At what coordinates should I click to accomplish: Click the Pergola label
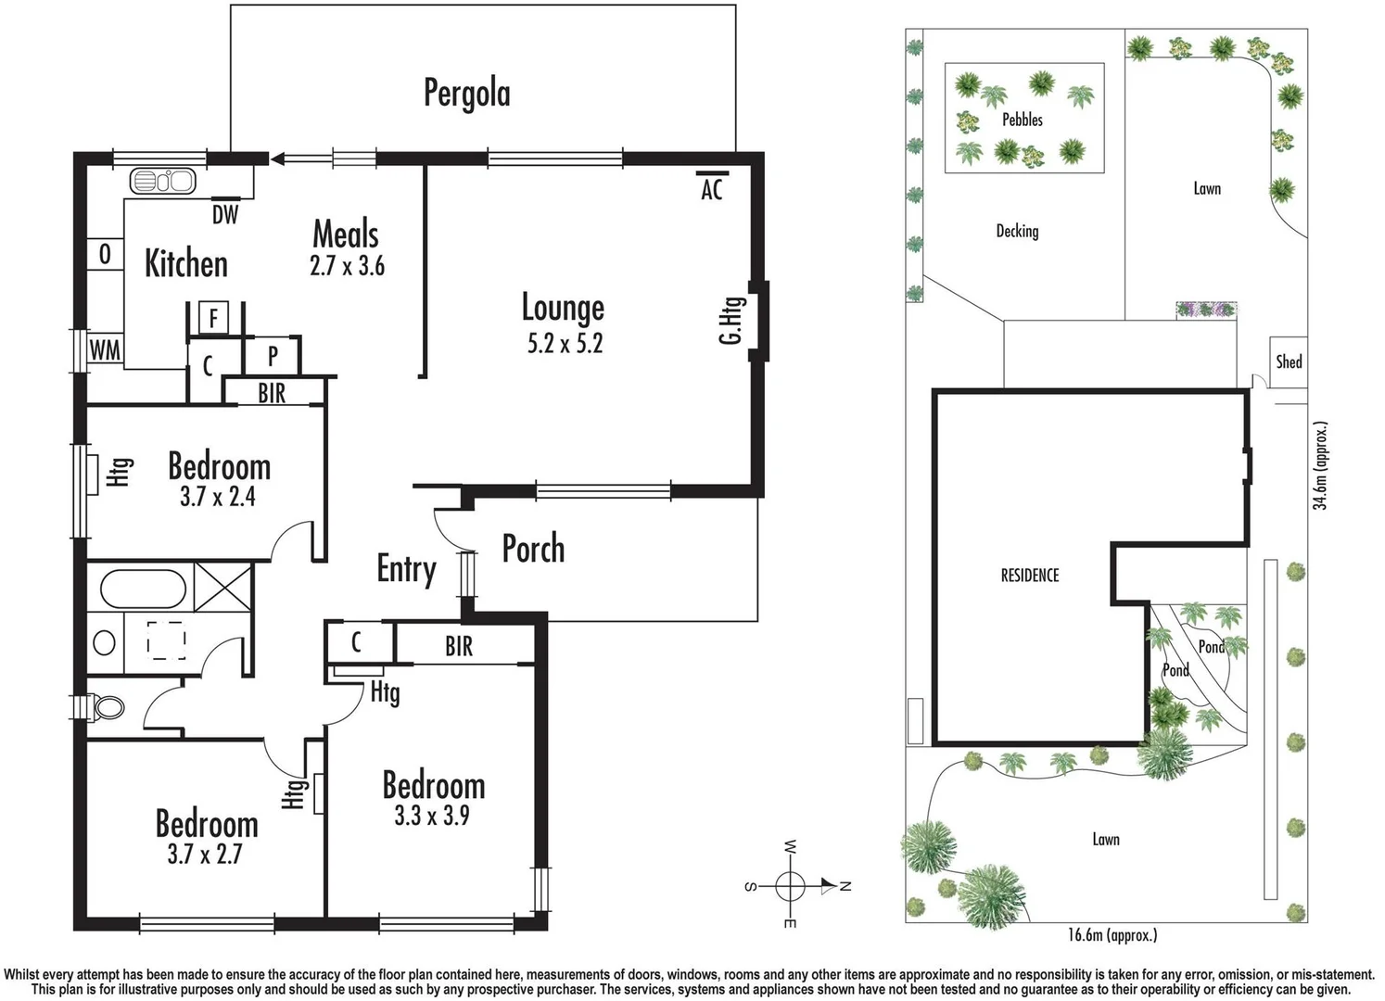pyautogui.click(x=466, y=93)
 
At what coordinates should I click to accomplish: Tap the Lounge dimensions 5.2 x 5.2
pyautogui.click(x=565, y=344)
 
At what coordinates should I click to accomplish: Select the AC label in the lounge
pyautogui.click(x=711, y=190)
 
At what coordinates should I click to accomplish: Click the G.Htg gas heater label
pyautogui.click(x=731, y=321)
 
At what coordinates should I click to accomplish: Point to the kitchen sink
pyautogui.click(x=162, y=181)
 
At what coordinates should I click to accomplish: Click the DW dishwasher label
pyautogui.click(x=225, y=215)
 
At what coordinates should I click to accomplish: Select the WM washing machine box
pyautogui.click(x=105, y=350)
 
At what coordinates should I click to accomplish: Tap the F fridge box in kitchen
pyautogui.click(x=213, y=319)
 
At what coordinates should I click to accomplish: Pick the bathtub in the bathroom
pyautogui.click(x=144, y=589)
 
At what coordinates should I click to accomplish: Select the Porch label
pyautogui.click(x=533, y=549)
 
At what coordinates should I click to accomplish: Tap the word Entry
pyautogui.click(x=406, y=568)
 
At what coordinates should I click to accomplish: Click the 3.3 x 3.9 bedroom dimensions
pyautogui.click(x=432, y=816)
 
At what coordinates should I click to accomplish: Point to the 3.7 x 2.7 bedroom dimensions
pyautogui.click(x=205, y=854)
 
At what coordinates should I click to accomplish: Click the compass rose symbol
pyautogui.click(x=790, y=886)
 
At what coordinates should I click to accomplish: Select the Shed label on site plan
pyautogui.click(x=1289, y=361)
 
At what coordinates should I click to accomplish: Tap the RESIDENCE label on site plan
pyautogui.click(x=1029, y=576)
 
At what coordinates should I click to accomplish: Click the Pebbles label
pyautogui.click(x=1022, y=120)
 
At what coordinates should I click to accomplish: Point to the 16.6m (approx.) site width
pyautogui.click(x=1112, y=935)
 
